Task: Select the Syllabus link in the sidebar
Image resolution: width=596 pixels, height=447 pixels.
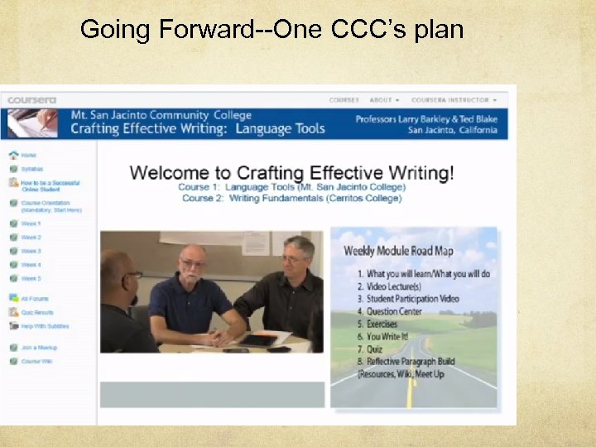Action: [x=31, y=169]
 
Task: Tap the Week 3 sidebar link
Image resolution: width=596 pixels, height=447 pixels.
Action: [x=31, y=251]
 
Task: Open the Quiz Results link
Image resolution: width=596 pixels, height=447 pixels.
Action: [x=36, y=312]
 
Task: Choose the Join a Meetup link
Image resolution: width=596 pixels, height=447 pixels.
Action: [x=39, y=348]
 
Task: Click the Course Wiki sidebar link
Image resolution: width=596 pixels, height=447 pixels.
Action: [x=36, y=361]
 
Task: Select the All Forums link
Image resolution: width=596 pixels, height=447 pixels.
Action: [x=35, y=299]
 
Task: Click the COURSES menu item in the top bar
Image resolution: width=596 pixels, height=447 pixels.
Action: [x=344, y=100]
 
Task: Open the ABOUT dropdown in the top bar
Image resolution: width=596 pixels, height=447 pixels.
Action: [x=384, y=100]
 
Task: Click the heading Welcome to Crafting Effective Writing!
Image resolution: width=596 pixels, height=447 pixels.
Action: [x=291, y=173]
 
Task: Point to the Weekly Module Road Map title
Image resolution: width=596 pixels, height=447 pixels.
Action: [x=410, y=251]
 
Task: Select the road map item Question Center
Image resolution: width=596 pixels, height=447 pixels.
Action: [x=394, y=311]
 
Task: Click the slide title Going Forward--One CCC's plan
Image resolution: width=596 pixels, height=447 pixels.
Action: [x=272, y=30]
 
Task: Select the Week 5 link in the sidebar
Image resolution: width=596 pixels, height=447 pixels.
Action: [x=31, y=278]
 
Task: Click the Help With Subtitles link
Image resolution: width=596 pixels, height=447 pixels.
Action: [x=45, y=326]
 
